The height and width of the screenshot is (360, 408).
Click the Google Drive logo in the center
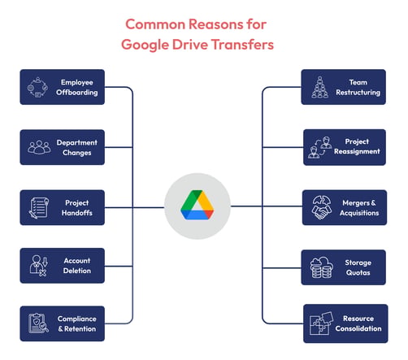(197, 205)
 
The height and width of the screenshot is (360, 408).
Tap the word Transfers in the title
(242, 45)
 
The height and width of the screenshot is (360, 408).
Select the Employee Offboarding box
(63, 87)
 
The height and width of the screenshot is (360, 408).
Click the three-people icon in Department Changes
(39, 147)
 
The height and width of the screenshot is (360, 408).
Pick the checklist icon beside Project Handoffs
(39, 208)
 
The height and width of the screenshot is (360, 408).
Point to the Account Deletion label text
(77, 266)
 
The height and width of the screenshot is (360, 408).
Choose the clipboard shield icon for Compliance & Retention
(38, 323)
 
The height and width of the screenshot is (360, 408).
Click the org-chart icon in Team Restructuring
(319, 87)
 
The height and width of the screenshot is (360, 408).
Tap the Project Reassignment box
(345, 147)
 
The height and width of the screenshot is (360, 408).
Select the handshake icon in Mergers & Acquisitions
(322, 208)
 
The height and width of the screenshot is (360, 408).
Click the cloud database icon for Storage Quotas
(322, 267)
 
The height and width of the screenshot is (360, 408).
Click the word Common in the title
(155, 24)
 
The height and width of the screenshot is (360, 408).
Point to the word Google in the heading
(145, 45)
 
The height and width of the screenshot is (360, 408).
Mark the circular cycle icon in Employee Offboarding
(37, 87)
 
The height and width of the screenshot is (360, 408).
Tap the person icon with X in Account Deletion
(39, 266)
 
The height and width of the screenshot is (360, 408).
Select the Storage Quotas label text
(358, 267)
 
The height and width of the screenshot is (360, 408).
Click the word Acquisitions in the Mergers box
(359, 213)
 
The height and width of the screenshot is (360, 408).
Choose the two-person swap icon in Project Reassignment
(320, 147)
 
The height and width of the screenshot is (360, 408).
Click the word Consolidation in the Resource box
(358, 328)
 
